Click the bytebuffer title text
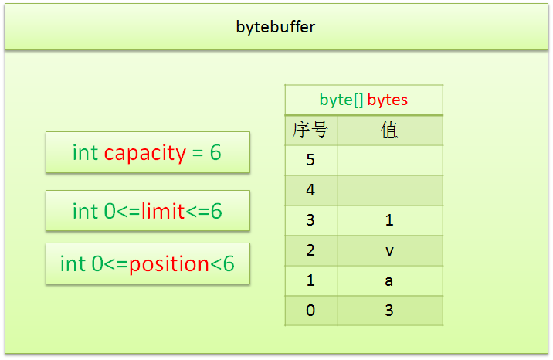tap(276, 27)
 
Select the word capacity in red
tap(145, 153)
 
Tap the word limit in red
tap(163, 211)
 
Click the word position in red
tap(169, 264)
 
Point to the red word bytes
tap(387, 100)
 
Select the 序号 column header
tap(310, 130)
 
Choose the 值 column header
tap(389, 130)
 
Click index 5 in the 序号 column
tap(310, 160)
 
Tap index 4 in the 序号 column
tap(310, 190)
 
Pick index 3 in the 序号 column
tap(310, 220)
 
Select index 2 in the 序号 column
tap(310, 250)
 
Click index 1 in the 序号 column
tap(310, 280)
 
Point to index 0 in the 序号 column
tap(310, 311)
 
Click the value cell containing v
tap(389, 250)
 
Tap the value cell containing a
tap(389, 280)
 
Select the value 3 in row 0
tap(389, 311)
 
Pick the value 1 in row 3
tap(389, 220)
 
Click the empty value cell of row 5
tap(390, 160)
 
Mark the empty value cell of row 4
tap(390, 190)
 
